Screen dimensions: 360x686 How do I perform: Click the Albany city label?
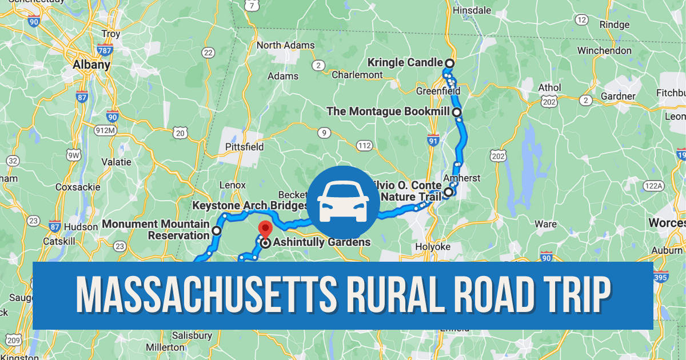coord(91,65)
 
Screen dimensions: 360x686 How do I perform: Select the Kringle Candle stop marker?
coord(449,63)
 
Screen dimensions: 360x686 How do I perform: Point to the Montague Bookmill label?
coord(388,111)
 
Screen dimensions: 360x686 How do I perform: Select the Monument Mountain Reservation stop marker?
coord(217,231)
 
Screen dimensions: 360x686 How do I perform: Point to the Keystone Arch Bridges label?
coord(250,205)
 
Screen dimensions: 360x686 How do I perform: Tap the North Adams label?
coord(285,45)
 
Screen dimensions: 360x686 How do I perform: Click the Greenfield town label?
coord(438,91)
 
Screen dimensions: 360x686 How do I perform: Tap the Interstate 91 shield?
coord(433,139)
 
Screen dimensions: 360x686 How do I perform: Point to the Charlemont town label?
coord(357,75)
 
